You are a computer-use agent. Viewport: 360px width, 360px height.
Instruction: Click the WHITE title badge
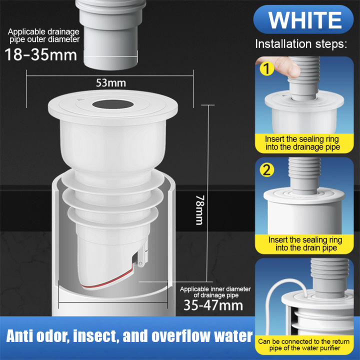pos(305,19)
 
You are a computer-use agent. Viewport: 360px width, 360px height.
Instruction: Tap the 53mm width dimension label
pos(111,82)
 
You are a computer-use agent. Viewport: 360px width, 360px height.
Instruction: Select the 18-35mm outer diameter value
pos(42,54)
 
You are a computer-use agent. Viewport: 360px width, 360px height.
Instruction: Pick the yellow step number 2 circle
pos(267,171)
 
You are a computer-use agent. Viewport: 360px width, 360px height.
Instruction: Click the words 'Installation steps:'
pos(301,43)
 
